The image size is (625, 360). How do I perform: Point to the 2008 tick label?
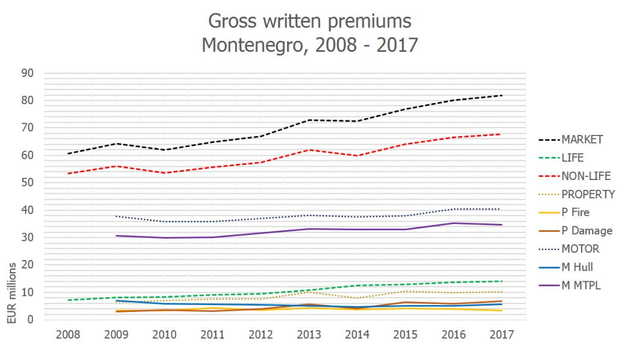tap(69, 334)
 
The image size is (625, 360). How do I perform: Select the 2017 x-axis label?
tap(502, 334)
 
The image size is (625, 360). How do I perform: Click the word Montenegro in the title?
tap(252, 45)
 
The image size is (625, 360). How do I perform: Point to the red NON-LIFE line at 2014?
tap(360, 156)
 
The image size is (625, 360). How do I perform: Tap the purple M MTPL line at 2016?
tap(452, 223)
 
